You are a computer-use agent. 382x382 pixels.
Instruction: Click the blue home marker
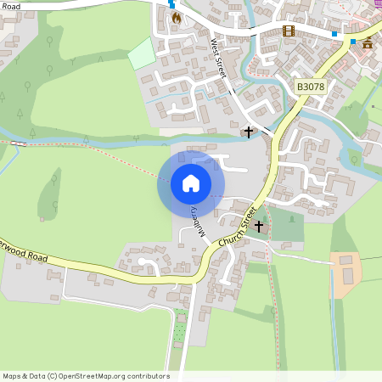click(191, 183)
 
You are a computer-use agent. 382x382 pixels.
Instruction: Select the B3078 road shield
click(310, 87)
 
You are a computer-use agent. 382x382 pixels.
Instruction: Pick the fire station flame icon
click(177, 17)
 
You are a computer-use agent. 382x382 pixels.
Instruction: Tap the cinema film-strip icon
click(289, 31)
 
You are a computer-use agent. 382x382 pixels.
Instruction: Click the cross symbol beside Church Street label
click(259, 227)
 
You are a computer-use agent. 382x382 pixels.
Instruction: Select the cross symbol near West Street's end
click(249, 132)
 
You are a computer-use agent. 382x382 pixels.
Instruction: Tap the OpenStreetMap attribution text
click(85, 376)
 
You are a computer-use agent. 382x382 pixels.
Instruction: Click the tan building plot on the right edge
click(345, 273)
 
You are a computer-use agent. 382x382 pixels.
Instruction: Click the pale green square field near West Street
click(141, 53)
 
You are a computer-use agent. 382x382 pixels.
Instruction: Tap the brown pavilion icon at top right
click(368, 42)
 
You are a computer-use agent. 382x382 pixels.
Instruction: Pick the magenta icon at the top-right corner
click(378, 3)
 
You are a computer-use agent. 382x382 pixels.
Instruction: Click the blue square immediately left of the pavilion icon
click(352, 41)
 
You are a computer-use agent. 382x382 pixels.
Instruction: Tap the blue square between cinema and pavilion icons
click(334, 34)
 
